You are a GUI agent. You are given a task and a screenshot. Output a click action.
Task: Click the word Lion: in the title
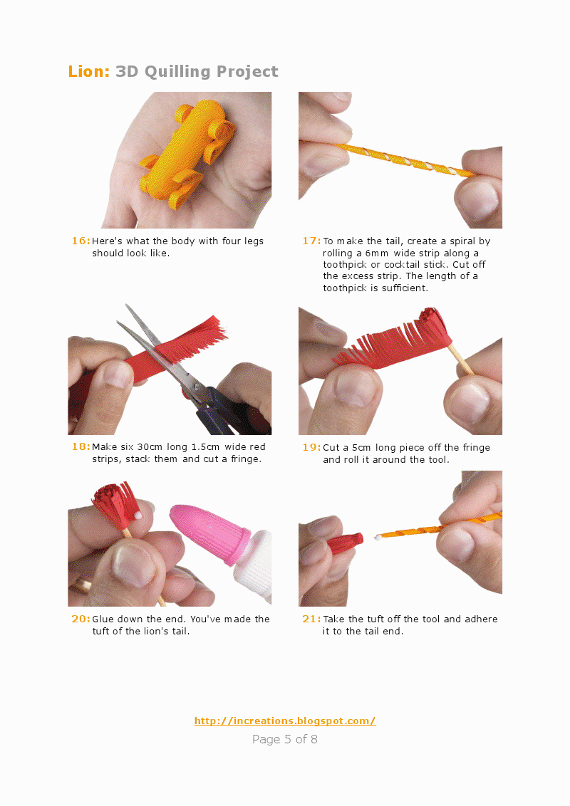(89, 71)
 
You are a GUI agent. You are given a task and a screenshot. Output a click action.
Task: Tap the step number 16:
(81, 241)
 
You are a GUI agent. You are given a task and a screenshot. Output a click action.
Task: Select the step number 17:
(311, 241)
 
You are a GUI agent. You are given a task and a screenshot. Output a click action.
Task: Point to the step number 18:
(81, 446)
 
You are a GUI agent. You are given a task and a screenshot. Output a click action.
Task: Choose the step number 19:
(311, 447)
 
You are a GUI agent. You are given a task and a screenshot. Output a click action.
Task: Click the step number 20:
(81, 619)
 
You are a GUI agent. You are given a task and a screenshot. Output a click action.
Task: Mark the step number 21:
(311, 619)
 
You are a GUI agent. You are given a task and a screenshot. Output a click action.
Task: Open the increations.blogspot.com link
(285, 721)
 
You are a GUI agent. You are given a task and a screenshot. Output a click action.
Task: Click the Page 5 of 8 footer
(285, 739)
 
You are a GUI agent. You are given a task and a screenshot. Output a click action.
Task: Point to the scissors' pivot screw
(195, 387)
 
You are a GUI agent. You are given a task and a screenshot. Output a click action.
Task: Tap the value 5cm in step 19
(361, 447)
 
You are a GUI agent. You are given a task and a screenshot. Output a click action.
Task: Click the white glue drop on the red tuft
(138, 514)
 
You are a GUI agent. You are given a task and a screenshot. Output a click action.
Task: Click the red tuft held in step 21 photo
(346, 543)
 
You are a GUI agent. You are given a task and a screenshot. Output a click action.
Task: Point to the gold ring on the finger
(82, 584)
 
